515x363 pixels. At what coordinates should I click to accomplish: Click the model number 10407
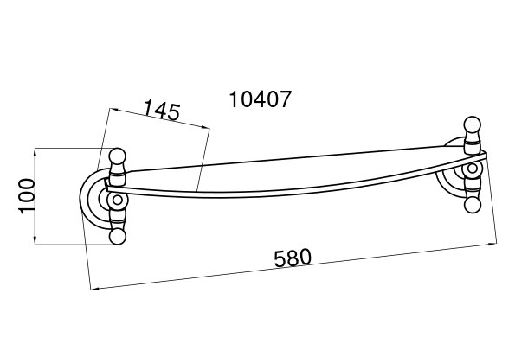coord(261,99)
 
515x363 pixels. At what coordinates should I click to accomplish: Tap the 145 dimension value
coord(162,110)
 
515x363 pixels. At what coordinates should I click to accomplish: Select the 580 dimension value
coord(293,258)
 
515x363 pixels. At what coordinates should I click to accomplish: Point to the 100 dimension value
coord(27,196)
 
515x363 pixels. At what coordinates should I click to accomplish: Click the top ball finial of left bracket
coord(117,156)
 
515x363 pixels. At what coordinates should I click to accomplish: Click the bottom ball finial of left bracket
coord(117,237)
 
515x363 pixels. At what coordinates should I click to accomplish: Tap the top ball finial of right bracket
coord(473,124)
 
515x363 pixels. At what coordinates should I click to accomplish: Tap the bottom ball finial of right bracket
coord(473,205)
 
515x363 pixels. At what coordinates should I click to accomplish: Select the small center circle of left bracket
coord(117,200)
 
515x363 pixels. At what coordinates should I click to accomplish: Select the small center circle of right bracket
coord(473,169)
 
